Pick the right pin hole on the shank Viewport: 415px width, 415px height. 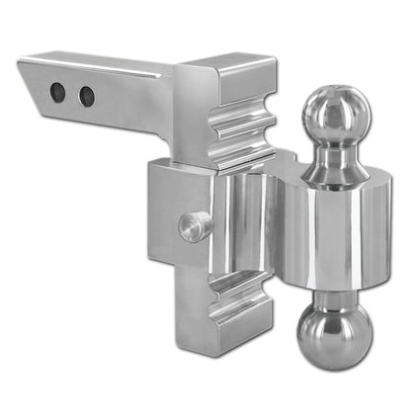click(x=87, y=97)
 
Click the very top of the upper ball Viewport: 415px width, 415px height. click(x=337, y=88)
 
